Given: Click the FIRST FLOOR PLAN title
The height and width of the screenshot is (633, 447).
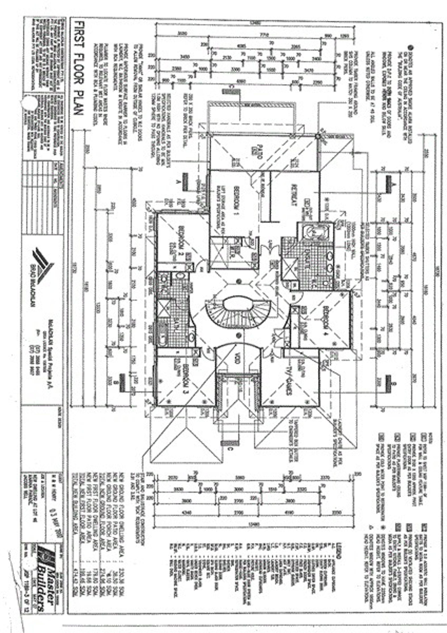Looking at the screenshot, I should (78, 68).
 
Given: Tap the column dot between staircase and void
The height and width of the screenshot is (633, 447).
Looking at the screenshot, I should (238, 335).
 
